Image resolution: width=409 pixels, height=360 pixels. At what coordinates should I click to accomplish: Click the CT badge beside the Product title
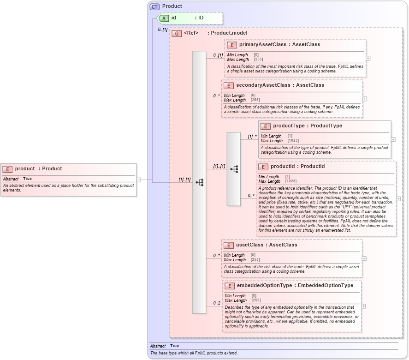pos(154,6)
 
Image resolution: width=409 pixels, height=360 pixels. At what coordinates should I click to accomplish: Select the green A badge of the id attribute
pos(164,18)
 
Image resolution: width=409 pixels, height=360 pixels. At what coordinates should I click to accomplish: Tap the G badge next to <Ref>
pos(176,33)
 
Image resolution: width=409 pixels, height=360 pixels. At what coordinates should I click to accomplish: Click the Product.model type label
pos(229,33)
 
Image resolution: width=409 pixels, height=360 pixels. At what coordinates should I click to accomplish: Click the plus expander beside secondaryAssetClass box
pos(365,98)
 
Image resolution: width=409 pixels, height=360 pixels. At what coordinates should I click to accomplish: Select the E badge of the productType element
pos(265,126)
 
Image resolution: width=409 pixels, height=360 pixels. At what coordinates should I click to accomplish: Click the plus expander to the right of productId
pos(398,199)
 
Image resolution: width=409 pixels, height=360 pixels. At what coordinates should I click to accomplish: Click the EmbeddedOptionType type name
pos(326,286)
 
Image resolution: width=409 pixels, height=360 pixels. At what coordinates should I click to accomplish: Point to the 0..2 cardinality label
pos(216,303)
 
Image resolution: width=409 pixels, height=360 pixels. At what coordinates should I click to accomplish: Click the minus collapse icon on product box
pos(138,180)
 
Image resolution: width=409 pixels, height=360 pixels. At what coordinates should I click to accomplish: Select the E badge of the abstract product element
pos(7,169)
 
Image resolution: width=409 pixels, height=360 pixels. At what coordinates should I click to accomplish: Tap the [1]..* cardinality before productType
pos(252,137)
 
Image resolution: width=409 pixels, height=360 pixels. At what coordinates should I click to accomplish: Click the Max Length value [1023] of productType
pos(293,141)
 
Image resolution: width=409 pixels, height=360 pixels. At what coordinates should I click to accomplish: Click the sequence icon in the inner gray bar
pos(234,169)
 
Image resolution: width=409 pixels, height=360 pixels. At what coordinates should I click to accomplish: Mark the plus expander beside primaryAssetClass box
pos(368,59)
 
